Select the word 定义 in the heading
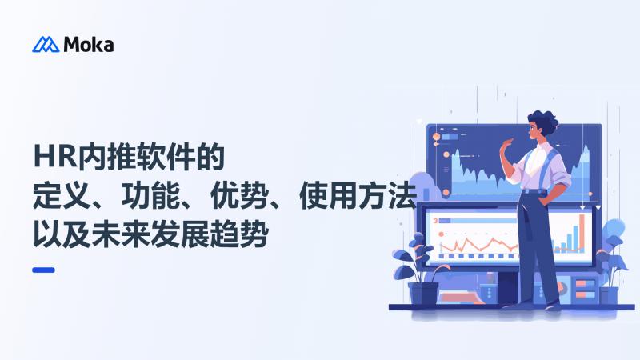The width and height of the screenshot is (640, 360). point(57,194)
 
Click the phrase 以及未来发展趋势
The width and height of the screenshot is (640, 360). point(151,234)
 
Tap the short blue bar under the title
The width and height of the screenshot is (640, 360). point(43,270)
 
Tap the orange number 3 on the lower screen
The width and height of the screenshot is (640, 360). point(434,219)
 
